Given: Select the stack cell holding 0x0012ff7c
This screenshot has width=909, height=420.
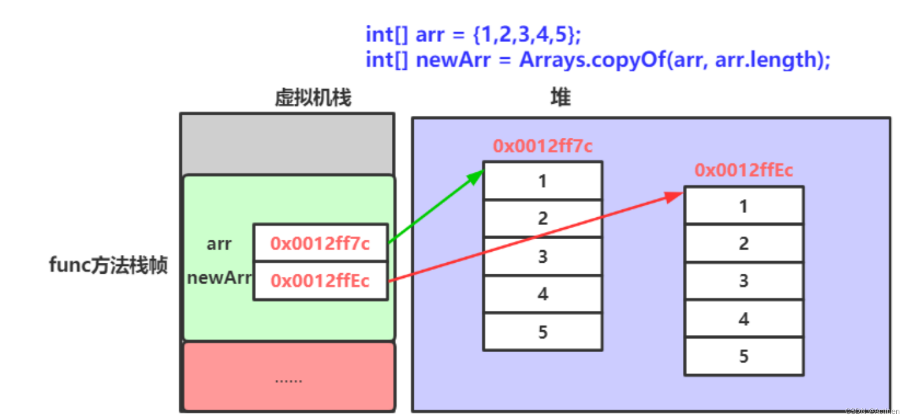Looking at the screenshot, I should tap(320, 243).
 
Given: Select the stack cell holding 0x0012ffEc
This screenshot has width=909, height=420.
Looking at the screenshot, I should tap(320, 281).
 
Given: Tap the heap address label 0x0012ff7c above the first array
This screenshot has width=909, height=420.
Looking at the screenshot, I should tap(543, 146).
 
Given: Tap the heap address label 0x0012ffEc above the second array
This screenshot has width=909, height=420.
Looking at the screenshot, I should tap(744, 171).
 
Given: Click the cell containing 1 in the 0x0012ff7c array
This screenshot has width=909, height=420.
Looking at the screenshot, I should tap(543, 180).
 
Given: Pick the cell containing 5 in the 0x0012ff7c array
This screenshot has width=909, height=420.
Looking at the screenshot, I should tap(543, 332).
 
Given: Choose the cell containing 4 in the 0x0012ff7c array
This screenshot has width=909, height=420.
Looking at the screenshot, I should tap(543, 294).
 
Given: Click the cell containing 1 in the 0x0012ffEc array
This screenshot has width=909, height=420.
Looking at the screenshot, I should tap(744, 206).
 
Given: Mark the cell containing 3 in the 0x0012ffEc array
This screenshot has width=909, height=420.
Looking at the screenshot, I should tap(744, 281).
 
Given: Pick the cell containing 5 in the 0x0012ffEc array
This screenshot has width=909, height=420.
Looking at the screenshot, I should tap(744, 356).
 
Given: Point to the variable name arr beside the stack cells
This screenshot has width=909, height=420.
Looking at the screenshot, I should tap(219, 244).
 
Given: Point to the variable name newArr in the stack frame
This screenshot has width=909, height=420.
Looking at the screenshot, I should tap(219, 278).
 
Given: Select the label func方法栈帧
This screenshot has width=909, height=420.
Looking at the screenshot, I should tap(108, 266).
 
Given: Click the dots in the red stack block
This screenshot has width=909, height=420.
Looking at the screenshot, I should tap(289, 381).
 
